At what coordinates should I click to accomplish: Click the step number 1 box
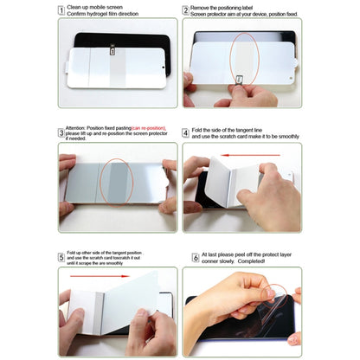tap(61, 10)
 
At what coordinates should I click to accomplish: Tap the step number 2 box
tap(186, 10)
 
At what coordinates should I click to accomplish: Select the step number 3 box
tap(61, 132)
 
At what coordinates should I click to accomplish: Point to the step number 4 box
tap(186, 132)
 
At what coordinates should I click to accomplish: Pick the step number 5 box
tap(61, 257)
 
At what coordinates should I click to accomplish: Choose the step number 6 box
tap(186, 257)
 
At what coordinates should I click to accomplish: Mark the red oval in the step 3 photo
tap(116, 185)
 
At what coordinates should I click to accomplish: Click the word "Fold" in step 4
tap(199, 130)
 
